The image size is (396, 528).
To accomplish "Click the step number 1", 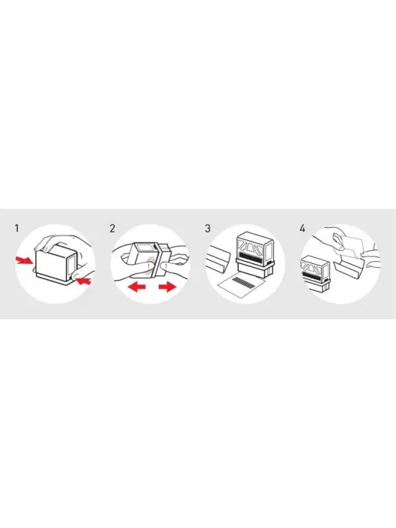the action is (17, 228).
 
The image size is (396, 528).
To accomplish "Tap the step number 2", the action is (112, 228).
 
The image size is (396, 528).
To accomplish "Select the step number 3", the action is (207, 228).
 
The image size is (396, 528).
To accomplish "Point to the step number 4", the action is (302, 228).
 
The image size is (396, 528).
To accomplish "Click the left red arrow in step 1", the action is (24, 260).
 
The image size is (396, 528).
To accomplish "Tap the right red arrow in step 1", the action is (84, 280).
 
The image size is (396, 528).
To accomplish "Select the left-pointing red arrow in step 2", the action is (137, 287).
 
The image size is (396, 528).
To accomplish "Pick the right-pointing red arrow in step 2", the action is (167, 287).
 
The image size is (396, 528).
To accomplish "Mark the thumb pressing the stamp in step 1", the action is (79, 272).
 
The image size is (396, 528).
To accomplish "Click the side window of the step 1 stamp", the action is (71, 266).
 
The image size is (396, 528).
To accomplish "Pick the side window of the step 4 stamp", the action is (325, 269).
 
